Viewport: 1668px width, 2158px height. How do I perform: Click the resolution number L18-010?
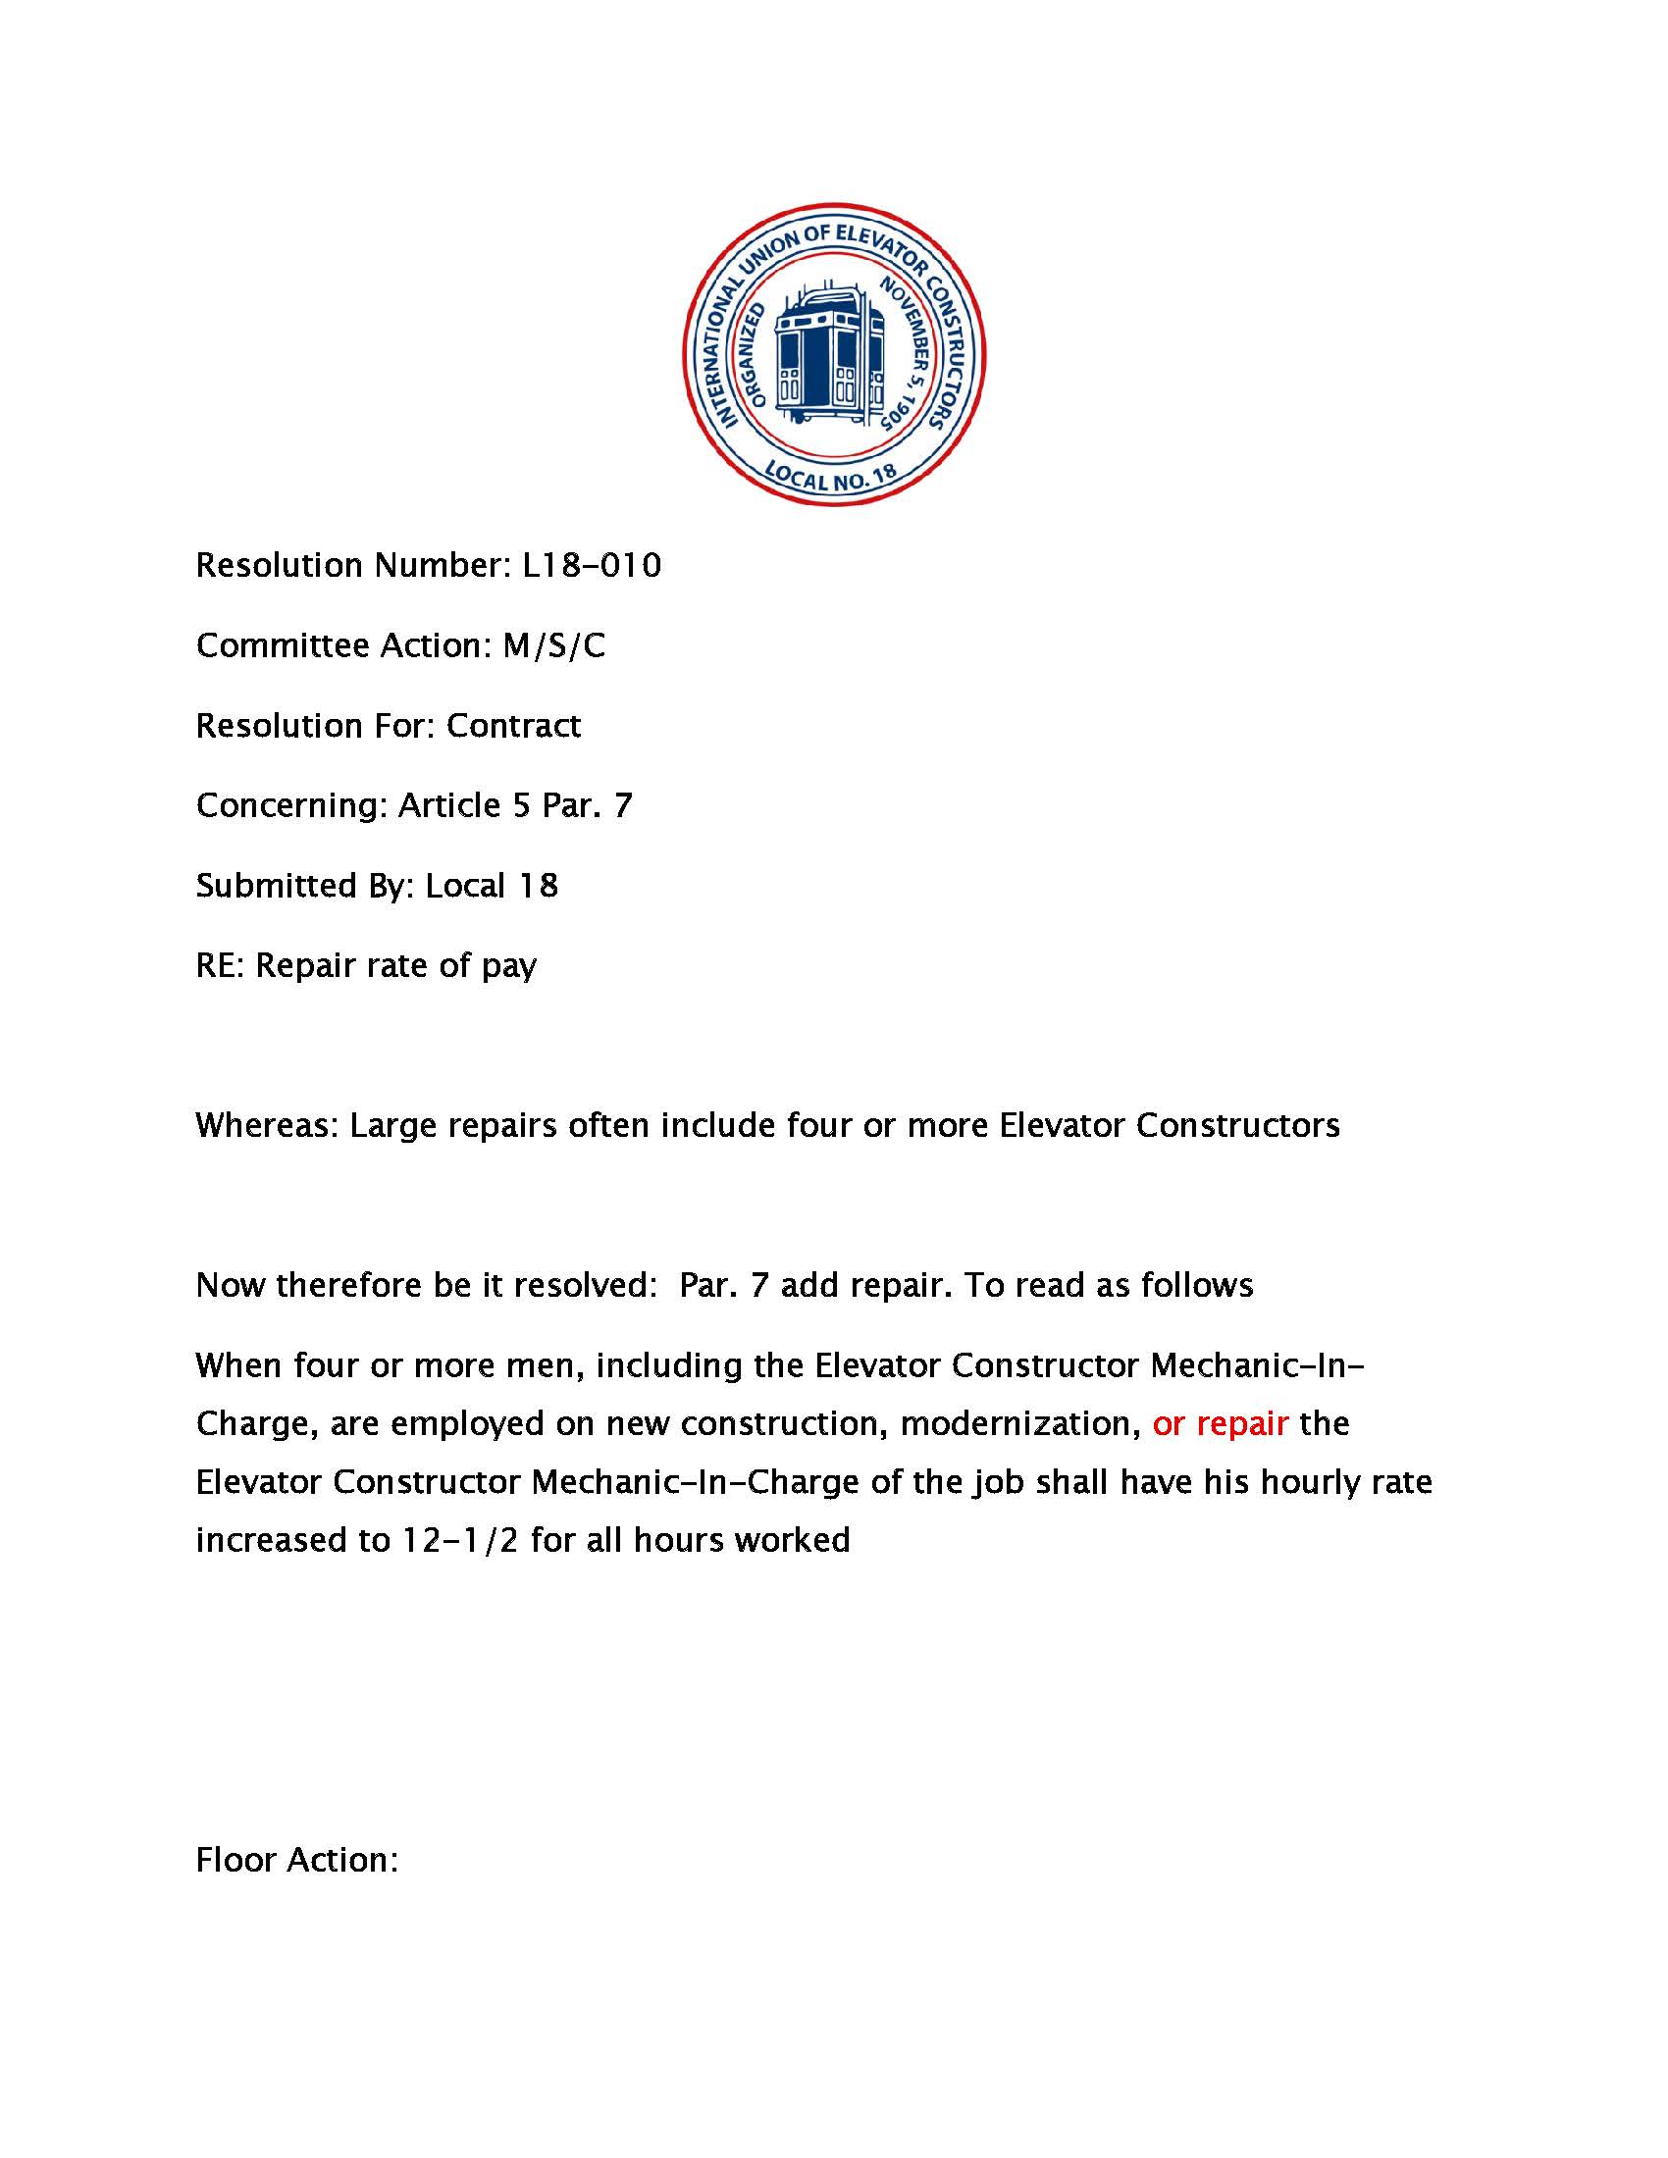click(x=591, y=565)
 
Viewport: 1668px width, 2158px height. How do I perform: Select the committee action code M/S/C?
click(x=553, y=645)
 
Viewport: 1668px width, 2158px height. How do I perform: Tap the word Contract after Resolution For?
click(x=513, y=725)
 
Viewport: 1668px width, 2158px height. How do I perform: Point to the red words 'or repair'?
click(x=1220, y=1423)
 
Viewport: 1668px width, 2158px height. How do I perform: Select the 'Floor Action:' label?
click(x=296, y=1860)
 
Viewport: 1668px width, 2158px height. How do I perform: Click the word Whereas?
click(x=267, y=1125)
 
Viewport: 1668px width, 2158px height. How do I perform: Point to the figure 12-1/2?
click(x=459, y=1540)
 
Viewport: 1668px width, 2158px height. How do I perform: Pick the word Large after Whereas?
click(x=393, y=1125)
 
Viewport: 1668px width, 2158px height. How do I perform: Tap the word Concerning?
click(x=291, y=805)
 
